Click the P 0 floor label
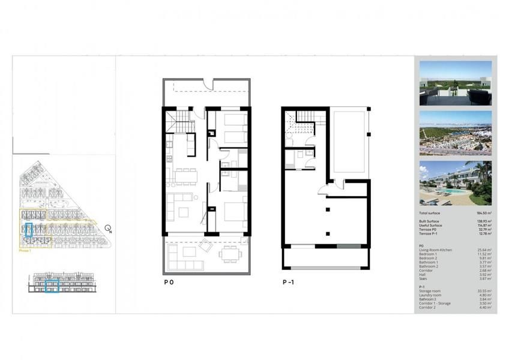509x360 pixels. [x=170, y=281]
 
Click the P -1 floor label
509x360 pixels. [x=291, y=281]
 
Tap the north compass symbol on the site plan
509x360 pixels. [x=107, y=228]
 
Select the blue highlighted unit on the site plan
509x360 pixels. [x=28, y=230]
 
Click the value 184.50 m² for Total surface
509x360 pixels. [x=483, y=213]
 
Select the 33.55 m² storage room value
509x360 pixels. [x=484, y=291]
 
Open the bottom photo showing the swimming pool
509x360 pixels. [x=456, y=183]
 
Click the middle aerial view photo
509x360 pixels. [x=456, y=133]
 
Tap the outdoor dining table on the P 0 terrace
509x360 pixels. [x=228, y=254]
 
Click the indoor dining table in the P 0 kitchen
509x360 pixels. [x=185, y=175]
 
